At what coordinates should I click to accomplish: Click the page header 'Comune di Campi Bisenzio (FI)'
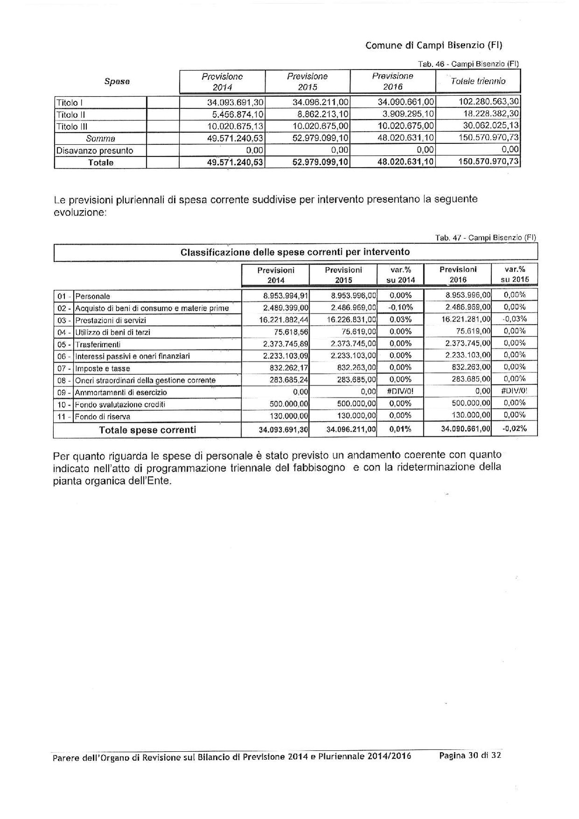coord(434,45)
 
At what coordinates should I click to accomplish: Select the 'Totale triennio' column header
coord(478,81)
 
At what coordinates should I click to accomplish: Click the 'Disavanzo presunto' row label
coord(94,150)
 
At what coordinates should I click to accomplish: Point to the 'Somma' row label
coord(100,139)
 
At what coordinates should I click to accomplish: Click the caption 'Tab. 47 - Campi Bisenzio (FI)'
coord(486,238)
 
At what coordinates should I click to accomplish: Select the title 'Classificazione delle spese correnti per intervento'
coord(295,252)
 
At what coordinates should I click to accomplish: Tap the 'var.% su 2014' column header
coord(400,275)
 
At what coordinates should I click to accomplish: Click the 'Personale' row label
coord(93,296)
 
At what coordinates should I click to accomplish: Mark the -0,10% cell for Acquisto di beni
coord(400,307)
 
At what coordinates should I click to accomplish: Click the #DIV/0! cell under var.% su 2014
coord(400,392)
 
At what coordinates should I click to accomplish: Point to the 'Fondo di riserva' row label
coord(103,417)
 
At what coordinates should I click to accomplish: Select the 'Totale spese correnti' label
coord(147,430)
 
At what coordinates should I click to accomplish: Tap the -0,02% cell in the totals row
coord(515,429)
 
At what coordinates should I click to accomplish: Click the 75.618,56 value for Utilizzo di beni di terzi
coord(290,332)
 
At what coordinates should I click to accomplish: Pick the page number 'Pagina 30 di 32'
coord(470,755)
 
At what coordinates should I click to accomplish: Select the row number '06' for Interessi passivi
coord(62,356)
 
